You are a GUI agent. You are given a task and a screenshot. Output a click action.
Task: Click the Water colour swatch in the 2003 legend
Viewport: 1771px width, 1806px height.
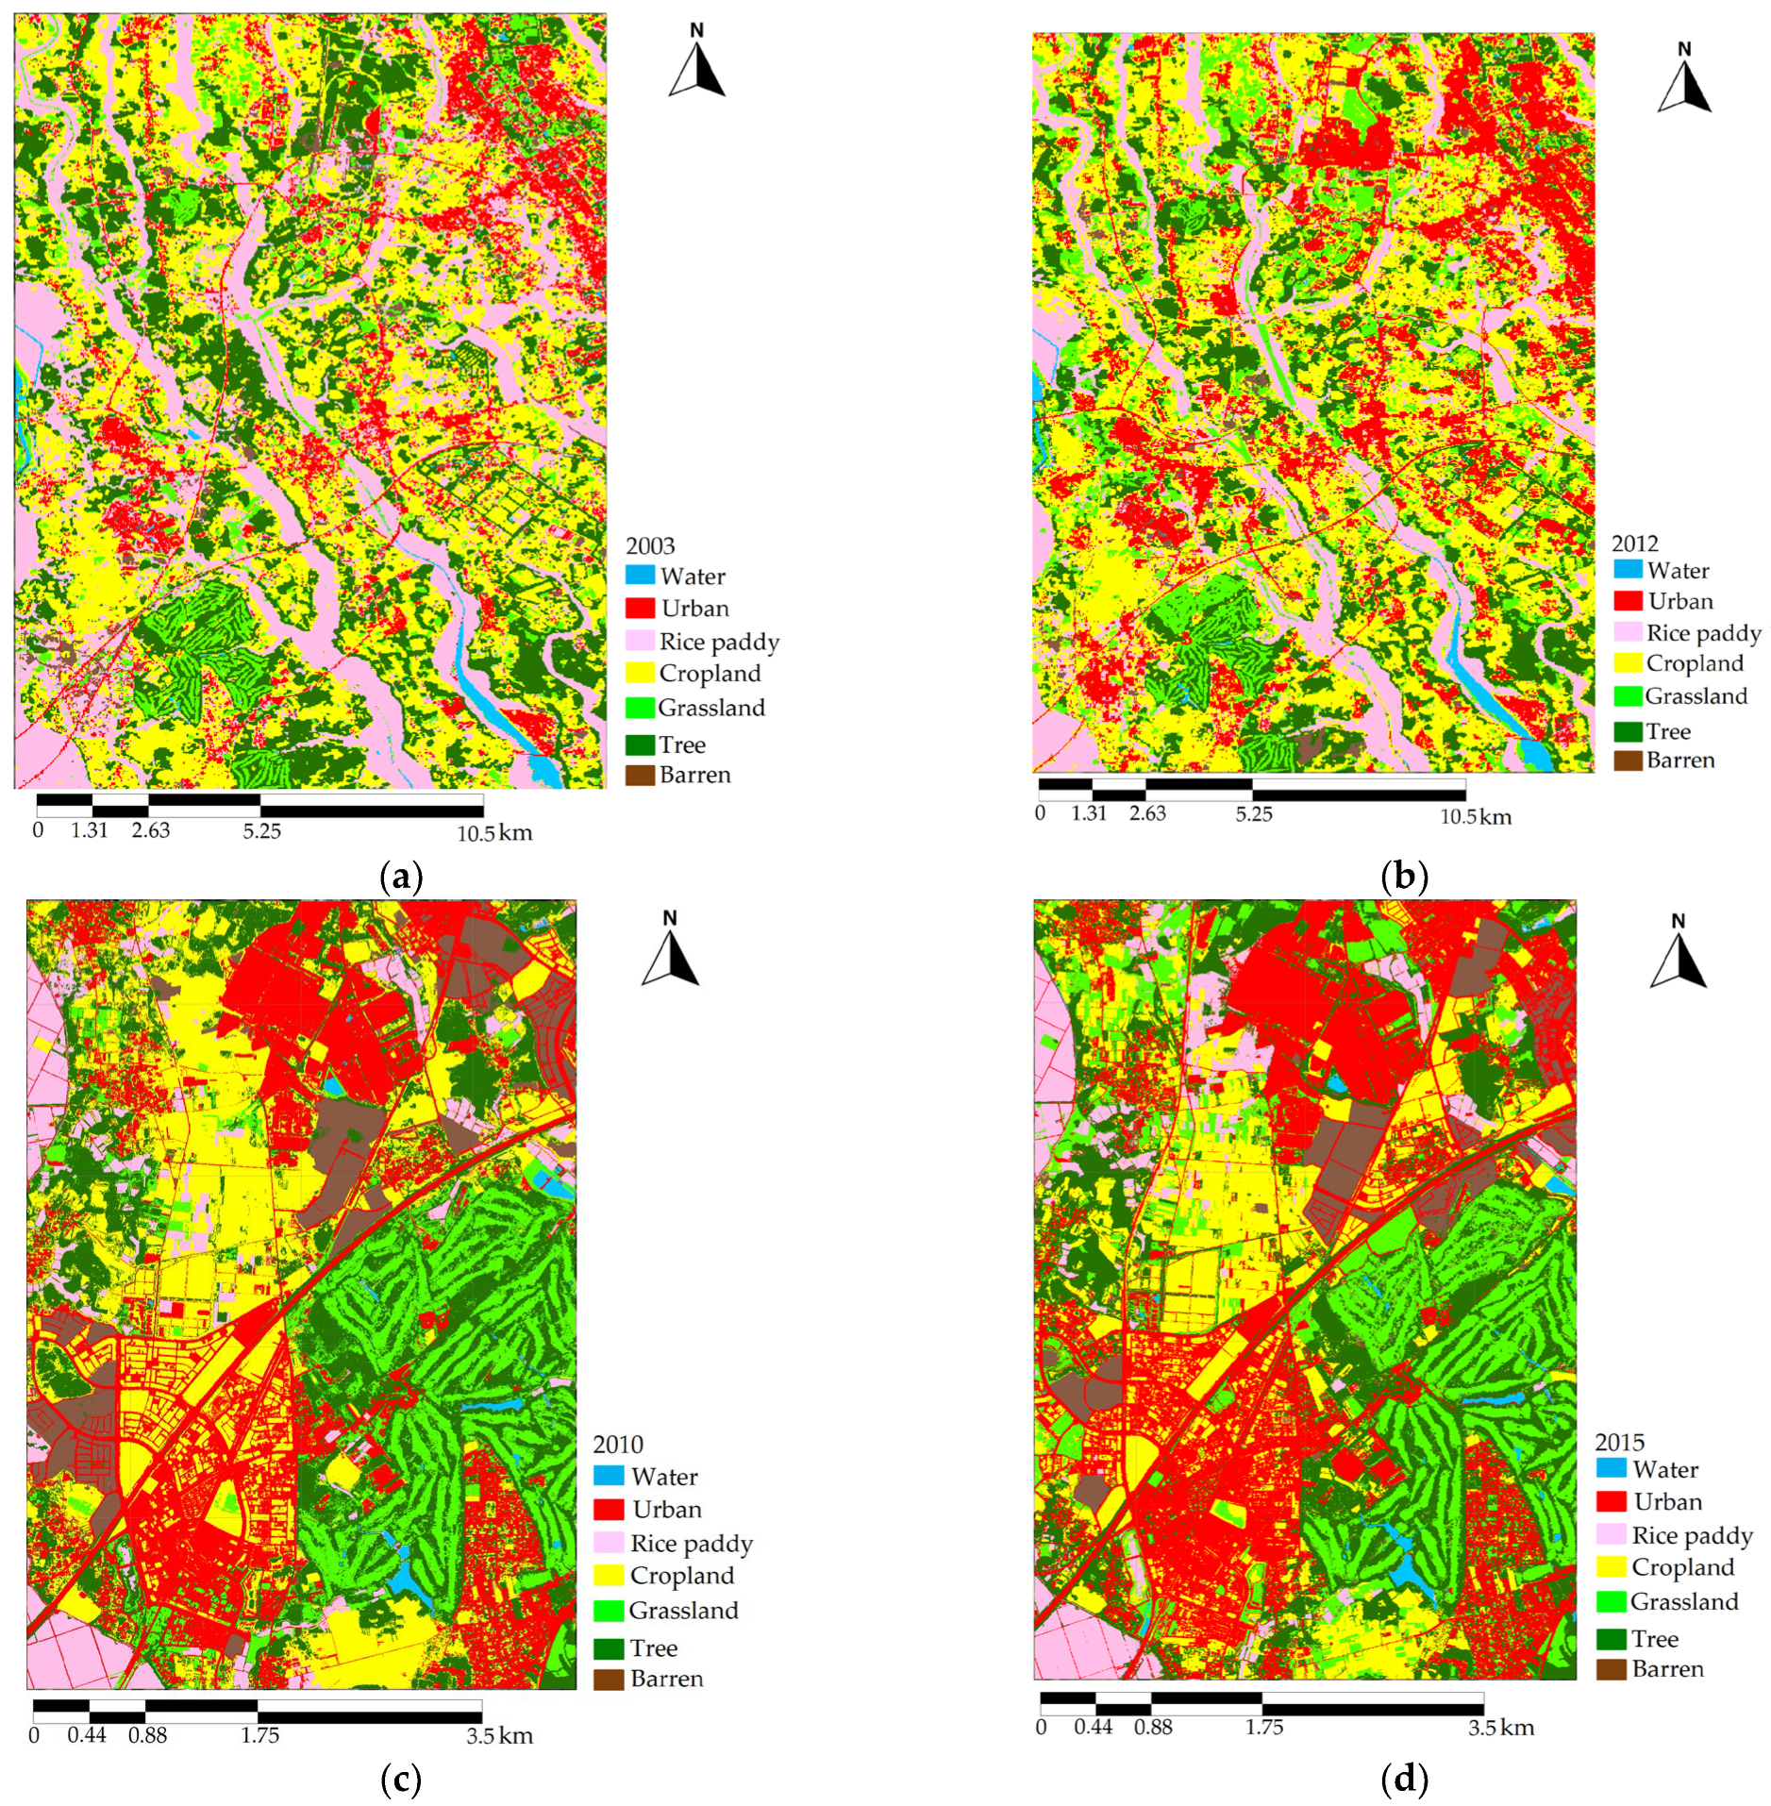pos(640,575)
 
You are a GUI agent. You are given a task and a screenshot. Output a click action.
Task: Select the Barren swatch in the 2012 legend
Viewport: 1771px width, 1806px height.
pos(1628,760)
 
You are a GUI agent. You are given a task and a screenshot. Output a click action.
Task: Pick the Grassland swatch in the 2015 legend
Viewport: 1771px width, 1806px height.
pos(1611,1601)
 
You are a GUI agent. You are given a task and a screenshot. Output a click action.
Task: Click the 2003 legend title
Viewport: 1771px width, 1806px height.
pos(650,545)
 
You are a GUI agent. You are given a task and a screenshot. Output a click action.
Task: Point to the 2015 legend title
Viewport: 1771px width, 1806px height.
pos(1619,1442)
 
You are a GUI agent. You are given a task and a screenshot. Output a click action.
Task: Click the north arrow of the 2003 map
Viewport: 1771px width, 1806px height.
pos(696,64)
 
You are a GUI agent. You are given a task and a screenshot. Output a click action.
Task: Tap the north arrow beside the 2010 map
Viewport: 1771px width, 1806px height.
pos(670,951)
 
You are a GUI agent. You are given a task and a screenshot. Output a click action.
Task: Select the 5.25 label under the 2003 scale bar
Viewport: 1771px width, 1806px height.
pos(261,831)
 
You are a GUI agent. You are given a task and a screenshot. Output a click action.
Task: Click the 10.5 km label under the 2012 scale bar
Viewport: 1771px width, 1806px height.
pos(1475,817)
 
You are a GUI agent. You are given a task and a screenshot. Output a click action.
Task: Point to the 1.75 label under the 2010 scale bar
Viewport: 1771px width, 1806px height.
pos(259,1735)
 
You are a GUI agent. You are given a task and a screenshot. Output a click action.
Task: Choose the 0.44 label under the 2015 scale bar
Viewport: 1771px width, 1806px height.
pos(1093,1727)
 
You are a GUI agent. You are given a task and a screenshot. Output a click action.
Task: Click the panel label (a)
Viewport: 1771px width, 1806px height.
pos(400,878)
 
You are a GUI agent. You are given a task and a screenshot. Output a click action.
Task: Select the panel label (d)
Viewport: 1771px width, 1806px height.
pos(1403,1780)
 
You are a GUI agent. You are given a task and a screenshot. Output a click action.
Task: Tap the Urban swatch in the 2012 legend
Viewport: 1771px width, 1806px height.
pos(1628,601)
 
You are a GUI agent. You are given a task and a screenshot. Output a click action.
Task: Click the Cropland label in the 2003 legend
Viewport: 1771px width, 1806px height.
pos(710,673)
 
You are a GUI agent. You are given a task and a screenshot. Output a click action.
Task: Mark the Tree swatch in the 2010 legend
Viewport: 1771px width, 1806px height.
pos(609,1647)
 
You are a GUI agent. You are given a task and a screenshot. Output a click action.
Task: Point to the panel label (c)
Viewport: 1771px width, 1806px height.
pos(400,1781)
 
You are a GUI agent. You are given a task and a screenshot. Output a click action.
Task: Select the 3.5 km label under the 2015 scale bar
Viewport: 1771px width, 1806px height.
pos(1500,1727)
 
